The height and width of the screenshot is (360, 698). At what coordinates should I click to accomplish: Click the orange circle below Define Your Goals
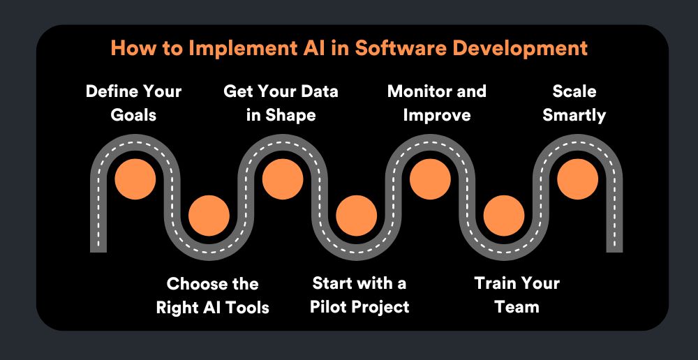[135, 179]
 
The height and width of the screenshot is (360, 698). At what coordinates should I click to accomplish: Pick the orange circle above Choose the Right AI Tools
[209, 216]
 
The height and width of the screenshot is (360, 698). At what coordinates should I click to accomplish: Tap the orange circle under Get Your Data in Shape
[283, 179]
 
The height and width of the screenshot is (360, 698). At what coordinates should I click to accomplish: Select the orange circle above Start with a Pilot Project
[357, 216]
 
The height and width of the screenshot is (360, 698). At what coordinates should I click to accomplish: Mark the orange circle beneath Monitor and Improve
[430, 179]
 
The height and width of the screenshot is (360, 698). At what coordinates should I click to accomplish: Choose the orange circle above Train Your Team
[504, 216]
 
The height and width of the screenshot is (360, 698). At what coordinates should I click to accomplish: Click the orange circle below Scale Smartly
[577, 179]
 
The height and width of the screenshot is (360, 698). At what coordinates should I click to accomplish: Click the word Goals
[133, 115]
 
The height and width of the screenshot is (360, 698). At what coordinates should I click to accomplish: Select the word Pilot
[325, 307]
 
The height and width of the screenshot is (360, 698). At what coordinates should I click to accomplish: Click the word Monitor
[419, 91]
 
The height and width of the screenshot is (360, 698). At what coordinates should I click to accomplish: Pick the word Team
[517, 307]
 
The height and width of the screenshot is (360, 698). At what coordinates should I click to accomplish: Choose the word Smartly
[574, 116]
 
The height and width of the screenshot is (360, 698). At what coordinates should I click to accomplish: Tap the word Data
[318, 91]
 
